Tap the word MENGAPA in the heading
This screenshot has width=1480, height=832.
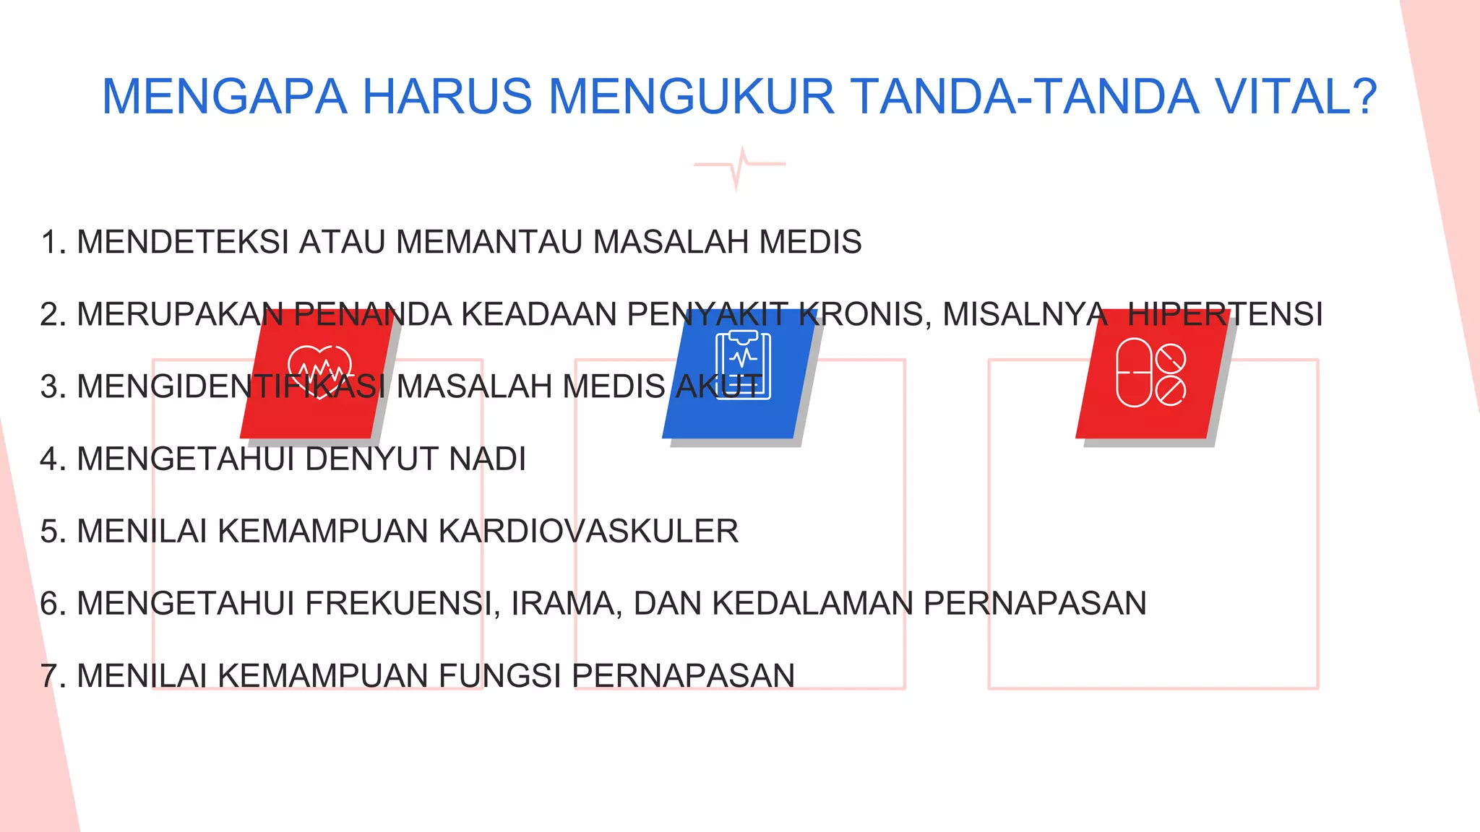pos(224,97)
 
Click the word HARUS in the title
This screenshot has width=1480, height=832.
pos(447,97)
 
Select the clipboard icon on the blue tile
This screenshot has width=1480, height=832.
pos(743,365)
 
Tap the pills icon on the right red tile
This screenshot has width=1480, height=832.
pos(1150,373)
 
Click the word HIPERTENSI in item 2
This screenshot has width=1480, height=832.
pos(1225,315)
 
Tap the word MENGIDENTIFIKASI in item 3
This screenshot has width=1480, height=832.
pos(231,387)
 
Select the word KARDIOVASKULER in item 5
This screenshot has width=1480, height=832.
pos(588,532)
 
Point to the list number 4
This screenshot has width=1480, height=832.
pos(51,459)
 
